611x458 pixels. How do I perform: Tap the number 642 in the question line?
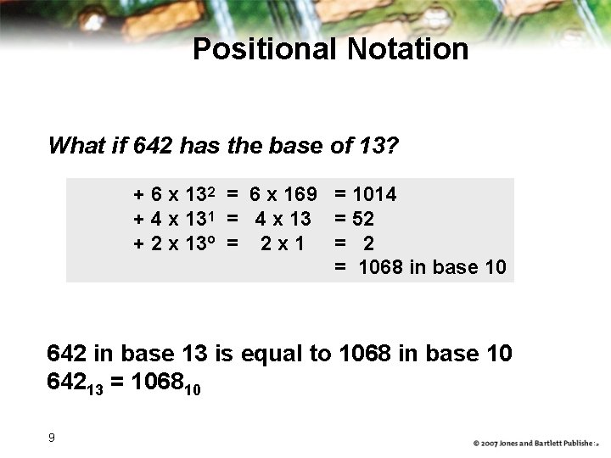pyautogui.click(x=154, y=146)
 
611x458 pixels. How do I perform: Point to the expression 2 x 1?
pyautogui.click(x=283, y=243)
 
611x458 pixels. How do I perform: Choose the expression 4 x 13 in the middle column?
pyautogui.click(x=283, y=219)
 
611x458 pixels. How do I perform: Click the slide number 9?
pyautogui.click(x=52, y=438)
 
